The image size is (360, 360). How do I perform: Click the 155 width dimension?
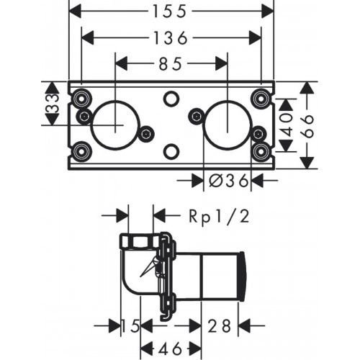(172, 11)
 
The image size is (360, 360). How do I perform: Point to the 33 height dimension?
(51, 105)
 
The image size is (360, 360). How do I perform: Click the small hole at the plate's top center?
(171, 98)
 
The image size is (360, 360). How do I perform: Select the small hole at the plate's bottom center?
(171, 151)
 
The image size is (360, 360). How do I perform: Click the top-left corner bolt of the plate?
(78, 98)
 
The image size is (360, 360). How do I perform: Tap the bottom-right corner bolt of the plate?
(262, 151)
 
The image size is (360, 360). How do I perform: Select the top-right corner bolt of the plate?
(262, 98)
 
